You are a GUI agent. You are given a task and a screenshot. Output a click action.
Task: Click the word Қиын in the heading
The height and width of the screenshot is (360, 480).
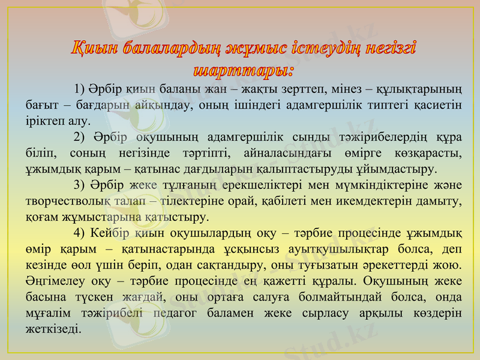(x=92, y=49)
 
